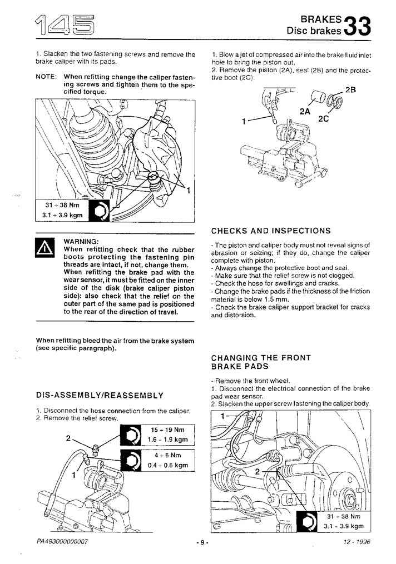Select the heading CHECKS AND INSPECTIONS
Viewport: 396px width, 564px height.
271,231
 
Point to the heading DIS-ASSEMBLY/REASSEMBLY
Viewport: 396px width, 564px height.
100,395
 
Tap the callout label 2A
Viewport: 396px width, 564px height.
304,111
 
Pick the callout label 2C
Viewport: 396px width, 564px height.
324,118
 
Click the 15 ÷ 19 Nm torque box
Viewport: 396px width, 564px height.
169,435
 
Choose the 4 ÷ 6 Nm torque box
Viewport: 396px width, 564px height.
169,460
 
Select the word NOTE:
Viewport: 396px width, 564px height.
46,77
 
